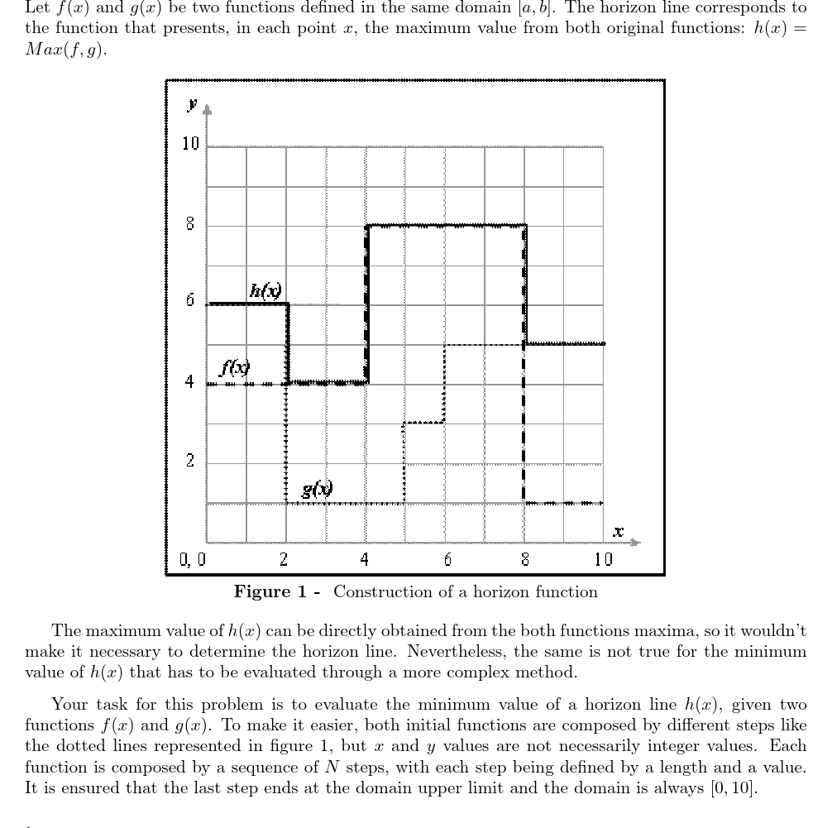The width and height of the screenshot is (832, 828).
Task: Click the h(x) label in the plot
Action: (265, 290)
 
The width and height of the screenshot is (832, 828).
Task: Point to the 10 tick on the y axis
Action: (191, 144)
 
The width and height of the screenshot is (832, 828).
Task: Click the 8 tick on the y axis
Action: (190, 224)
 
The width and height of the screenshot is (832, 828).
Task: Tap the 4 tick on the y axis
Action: (190, 382)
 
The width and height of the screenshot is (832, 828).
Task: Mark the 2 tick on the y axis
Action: (190, 461)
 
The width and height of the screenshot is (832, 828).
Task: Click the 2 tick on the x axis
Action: (284, 560)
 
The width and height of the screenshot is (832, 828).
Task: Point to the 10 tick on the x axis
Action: (603, 560)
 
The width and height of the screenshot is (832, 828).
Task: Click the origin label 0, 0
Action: (193, 560)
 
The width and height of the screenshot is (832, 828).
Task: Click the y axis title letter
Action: (192, 104)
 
